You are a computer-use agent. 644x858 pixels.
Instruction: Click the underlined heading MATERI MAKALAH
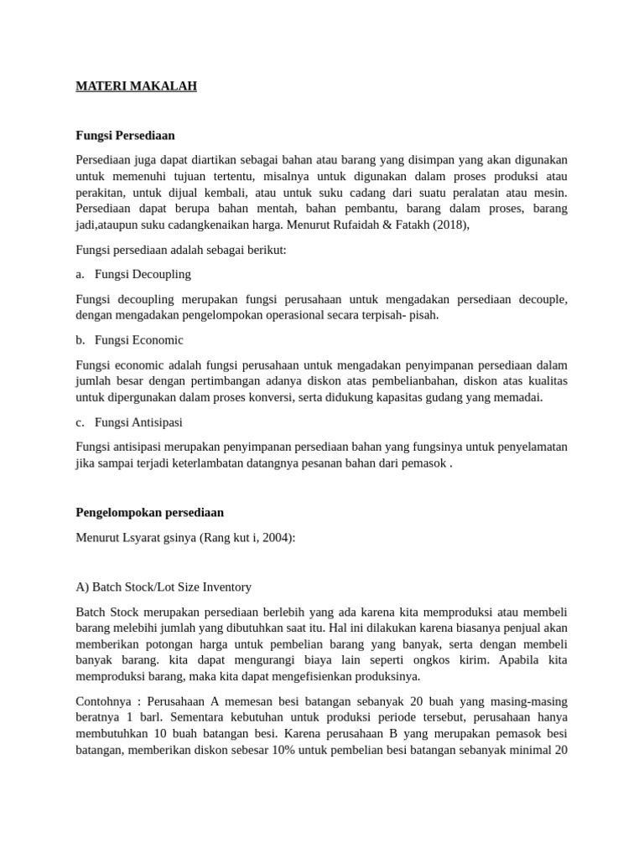pyautogui.click(x=136, y=86)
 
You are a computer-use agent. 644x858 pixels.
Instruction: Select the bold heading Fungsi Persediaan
pyautogui.click(x=125, y=135)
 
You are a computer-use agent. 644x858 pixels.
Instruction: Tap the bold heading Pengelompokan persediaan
pyautogui.click(x=149, y=512)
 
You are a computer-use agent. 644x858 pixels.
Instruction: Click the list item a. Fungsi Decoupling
pyautogui.click(x=133, y=274)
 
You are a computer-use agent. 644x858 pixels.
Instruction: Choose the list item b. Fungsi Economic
pyautogui.click(x=130, y=340)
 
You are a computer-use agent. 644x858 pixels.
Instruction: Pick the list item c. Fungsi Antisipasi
pyautogui.click(x=129, y=422)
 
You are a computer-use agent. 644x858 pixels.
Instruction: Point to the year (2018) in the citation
pyautogui.click(x=450, y=225)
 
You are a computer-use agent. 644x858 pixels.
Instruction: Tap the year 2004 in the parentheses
pyautogui.click(x=275, y=537)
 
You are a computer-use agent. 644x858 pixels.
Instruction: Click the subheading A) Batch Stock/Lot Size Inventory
pyautogui.click(x=164, y=587)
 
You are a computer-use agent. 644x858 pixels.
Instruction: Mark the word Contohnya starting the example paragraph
pyautogui.click(x=102, y=700)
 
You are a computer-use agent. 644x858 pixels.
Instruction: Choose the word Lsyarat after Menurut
pyautogui.click(x=144, y=537)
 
